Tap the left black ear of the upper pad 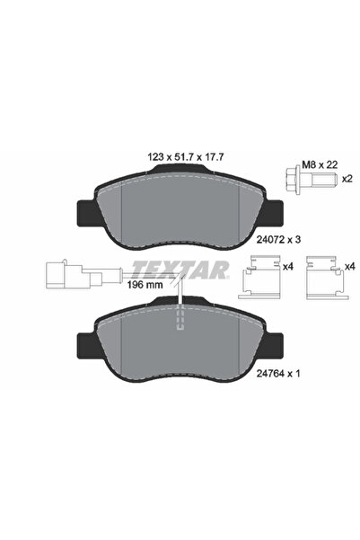[90, 212]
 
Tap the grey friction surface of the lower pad [144, 346]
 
